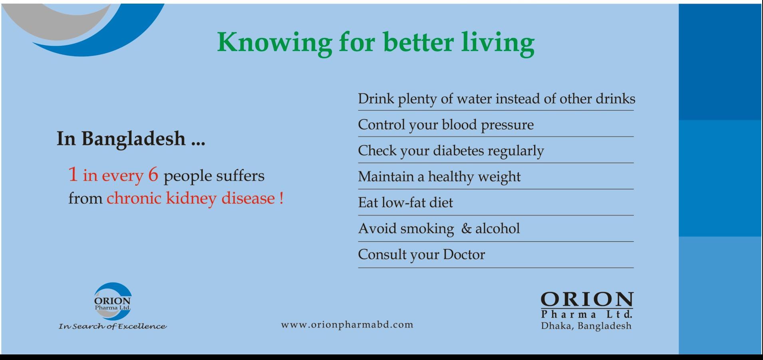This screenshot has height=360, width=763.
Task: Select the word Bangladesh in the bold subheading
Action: (x=134, y=139)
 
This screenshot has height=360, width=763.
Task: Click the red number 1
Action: (x=73, y=174)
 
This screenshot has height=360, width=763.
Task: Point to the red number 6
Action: (x=153, y=175)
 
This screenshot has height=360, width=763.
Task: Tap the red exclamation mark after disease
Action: (x=281, y=198)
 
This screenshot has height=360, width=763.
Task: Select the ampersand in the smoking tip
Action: (x=466, y=229)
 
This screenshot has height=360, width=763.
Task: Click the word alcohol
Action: (x=497, y=229)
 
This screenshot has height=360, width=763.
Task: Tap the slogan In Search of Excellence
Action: (x=113, y=326)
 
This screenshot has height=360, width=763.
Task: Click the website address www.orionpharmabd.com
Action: (x=347, y=325)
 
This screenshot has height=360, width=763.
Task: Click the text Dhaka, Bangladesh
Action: (x=586, y=326)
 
